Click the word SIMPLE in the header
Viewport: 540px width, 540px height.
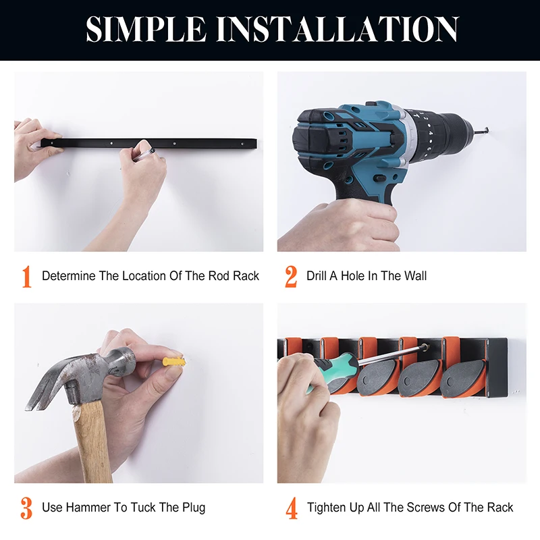[x=146, y=30]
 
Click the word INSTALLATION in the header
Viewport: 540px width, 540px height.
[x=337, y=30]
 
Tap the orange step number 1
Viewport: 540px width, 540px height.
[x=26, y=276]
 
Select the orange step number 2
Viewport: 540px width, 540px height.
[x=291, y=276]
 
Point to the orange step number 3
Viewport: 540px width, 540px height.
[x=26, y=508]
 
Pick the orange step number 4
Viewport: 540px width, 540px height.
[x=292, y=508]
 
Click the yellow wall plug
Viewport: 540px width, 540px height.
[x=174, y=362]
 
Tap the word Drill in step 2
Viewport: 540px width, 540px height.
[x=317, y=276]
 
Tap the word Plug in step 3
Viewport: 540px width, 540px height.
[x=194, y=508]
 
